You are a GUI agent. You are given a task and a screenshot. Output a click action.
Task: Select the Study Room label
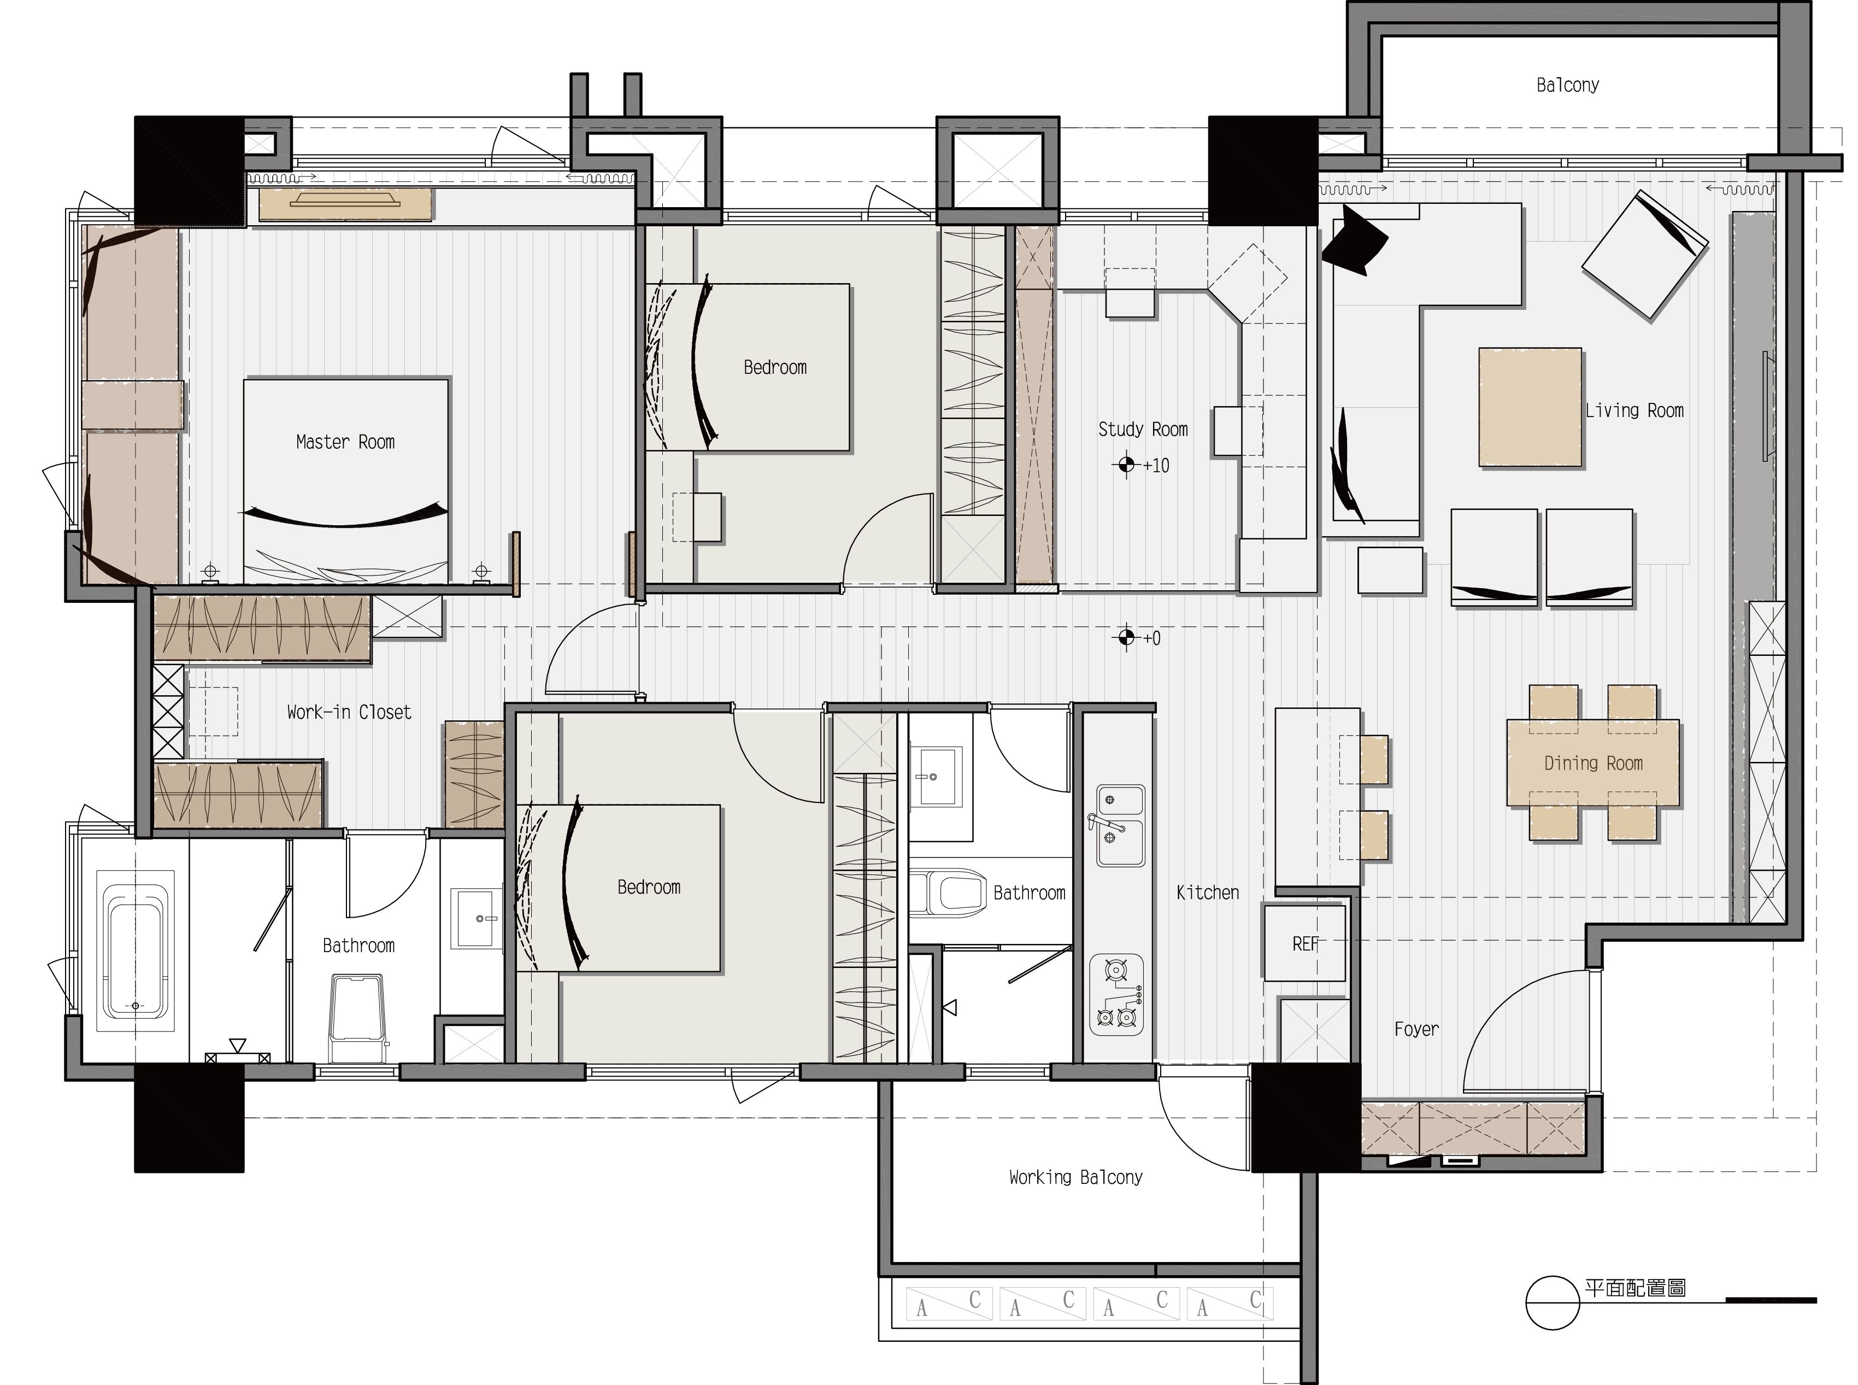click(1143, 429)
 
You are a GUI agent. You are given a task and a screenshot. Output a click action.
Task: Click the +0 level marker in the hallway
click(1139, 638)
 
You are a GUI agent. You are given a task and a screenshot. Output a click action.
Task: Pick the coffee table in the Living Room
click(1530, 407)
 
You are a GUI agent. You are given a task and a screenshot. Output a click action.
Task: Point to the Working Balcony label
click(1075, 1177)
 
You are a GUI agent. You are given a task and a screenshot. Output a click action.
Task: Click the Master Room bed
click(346, 479)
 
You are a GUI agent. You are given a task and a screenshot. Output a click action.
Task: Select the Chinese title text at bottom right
click(1635, 1288)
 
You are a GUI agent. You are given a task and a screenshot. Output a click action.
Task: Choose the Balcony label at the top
click(1567, 85)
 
